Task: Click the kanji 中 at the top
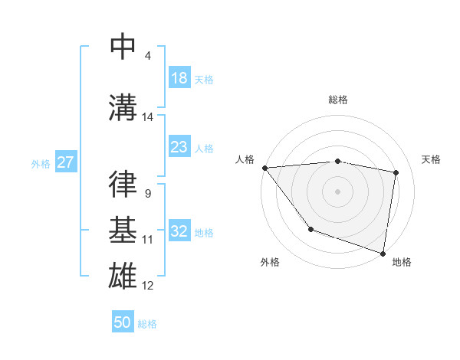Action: click(123, 47)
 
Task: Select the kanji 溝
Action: click(123, 108)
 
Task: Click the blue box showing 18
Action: click(179, 78)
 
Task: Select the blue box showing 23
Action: click(179, 147)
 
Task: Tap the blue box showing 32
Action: click(179, 231)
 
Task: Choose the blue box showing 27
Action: click(66, 162)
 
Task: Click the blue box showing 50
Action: click(123, 322)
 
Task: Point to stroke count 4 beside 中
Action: click(147, 56)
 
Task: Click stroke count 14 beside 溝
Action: click(148, 117)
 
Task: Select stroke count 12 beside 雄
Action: click(148, 286)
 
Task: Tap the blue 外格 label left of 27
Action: click(41, 163)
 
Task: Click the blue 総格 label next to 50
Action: click(147, 323)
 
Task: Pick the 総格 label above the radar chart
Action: click(337, 100)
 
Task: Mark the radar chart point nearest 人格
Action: click(264, 168)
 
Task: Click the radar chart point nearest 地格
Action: click(383, 253)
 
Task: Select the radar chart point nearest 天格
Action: click(396, 172)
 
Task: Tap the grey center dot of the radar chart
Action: click(337, 191)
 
